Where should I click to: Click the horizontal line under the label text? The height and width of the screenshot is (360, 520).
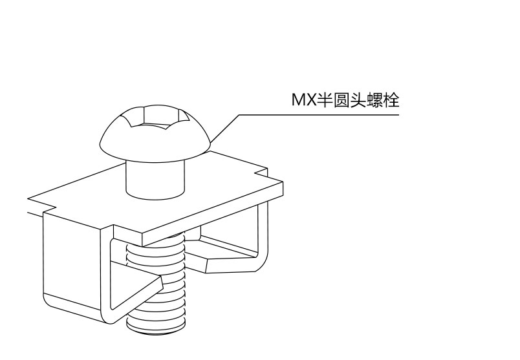coord(323,115)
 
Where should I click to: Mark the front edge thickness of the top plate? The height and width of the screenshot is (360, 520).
coord(213,217)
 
